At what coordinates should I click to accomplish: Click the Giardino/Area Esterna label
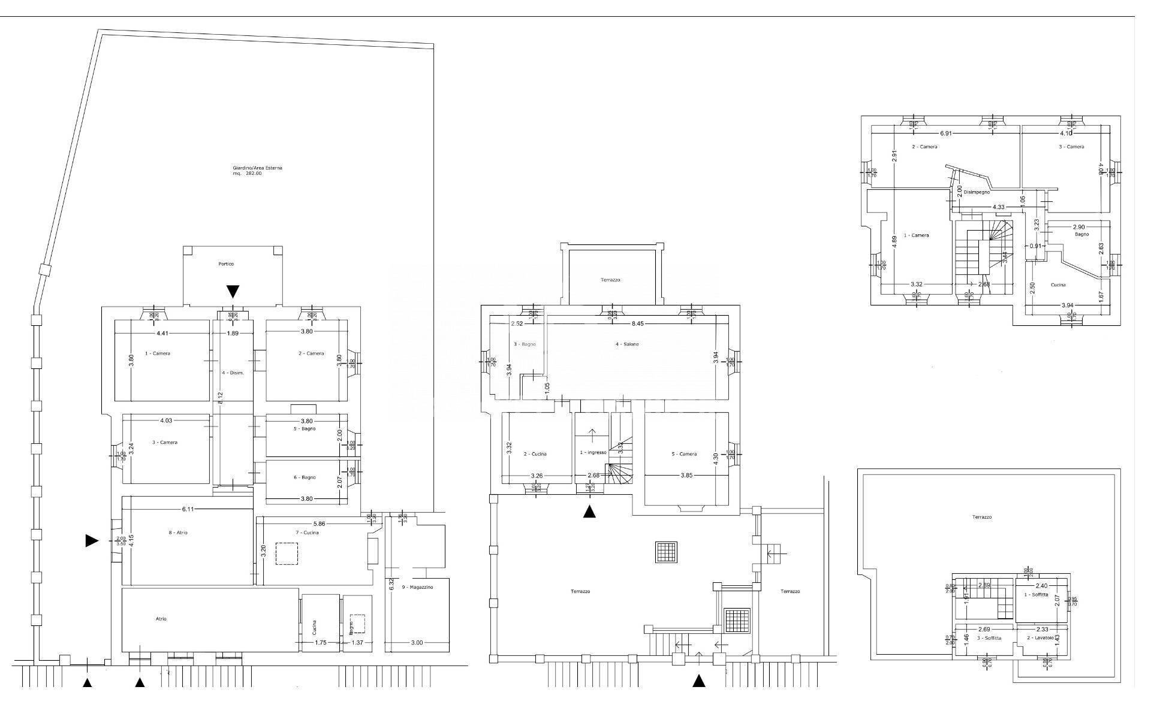point(257,168)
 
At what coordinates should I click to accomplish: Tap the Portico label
point(226,264)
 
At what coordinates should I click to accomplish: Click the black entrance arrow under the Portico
point(233,292)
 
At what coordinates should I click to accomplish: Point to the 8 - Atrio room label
point(178,533)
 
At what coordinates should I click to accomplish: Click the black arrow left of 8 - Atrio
point(92,541)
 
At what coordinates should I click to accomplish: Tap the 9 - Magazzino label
point(417,588)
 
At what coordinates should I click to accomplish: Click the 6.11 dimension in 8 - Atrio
point(188,509)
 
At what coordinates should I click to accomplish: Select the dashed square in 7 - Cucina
point(287,553)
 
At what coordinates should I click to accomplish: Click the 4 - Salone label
point(626,344)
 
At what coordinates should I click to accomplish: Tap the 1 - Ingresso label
point(593,453)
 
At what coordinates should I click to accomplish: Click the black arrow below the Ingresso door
point(589,512)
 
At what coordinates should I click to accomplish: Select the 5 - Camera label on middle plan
point(684,454)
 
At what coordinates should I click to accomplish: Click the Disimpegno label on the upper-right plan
point(977,192)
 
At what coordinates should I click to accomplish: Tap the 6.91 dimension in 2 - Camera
point(945,133)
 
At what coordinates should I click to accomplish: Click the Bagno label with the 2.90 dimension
point(1081,234)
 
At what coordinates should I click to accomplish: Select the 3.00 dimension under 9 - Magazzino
point(417,643)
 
